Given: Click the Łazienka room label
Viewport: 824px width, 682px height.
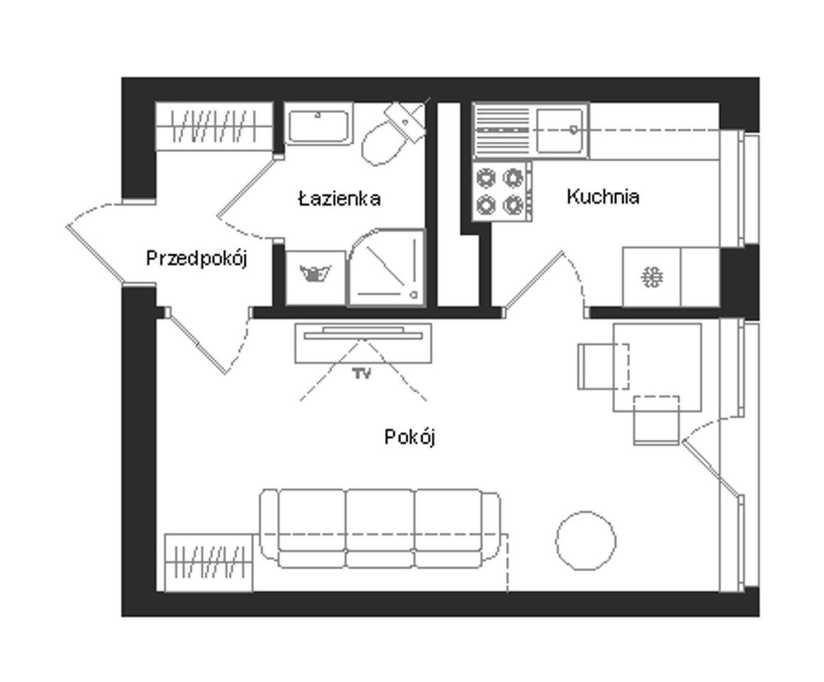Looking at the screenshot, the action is (x=340, y=199).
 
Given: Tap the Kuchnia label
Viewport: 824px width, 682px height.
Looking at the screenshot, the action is (x=603, y=197).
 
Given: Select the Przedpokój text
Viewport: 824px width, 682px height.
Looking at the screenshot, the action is (x=197, y=259).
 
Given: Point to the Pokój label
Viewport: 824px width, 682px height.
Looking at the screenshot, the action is (x=410, y=437).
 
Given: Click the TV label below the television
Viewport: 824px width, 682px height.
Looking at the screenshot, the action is (x=362, y=374).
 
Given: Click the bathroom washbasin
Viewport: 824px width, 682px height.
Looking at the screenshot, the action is (x=318, y=124).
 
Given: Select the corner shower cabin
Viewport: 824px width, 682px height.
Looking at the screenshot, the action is (x=386, y=267).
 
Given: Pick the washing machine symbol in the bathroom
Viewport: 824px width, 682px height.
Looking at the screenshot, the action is (x=315, y=277).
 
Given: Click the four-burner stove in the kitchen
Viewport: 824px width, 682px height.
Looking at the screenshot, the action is (x=502, y=191).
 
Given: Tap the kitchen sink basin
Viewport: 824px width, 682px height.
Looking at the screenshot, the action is (x=560, y=130).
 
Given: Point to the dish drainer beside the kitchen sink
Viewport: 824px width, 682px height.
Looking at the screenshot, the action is (x=502, y=130).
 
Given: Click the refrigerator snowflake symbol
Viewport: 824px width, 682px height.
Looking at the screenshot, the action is (x=652, y=277).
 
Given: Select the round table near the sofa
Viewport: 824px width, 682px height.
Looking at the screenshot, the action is (x=586, y=540).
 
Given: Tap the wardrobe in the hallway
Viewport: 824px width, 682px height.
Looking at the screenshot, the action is (x=215, y=126).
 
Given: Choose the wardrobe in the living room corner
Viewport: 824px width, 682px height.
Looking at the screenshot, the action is (x=209, y=563).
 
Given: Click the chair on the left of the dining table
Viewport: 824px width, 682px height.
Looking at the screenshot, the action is (x=603, y=367).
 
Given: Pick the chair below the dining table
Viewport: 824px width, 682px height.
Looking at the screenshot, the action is (x=656, y=421).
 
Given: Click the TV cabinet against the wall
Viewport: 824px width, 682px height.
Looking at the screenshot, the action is (x=363, y=343).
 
